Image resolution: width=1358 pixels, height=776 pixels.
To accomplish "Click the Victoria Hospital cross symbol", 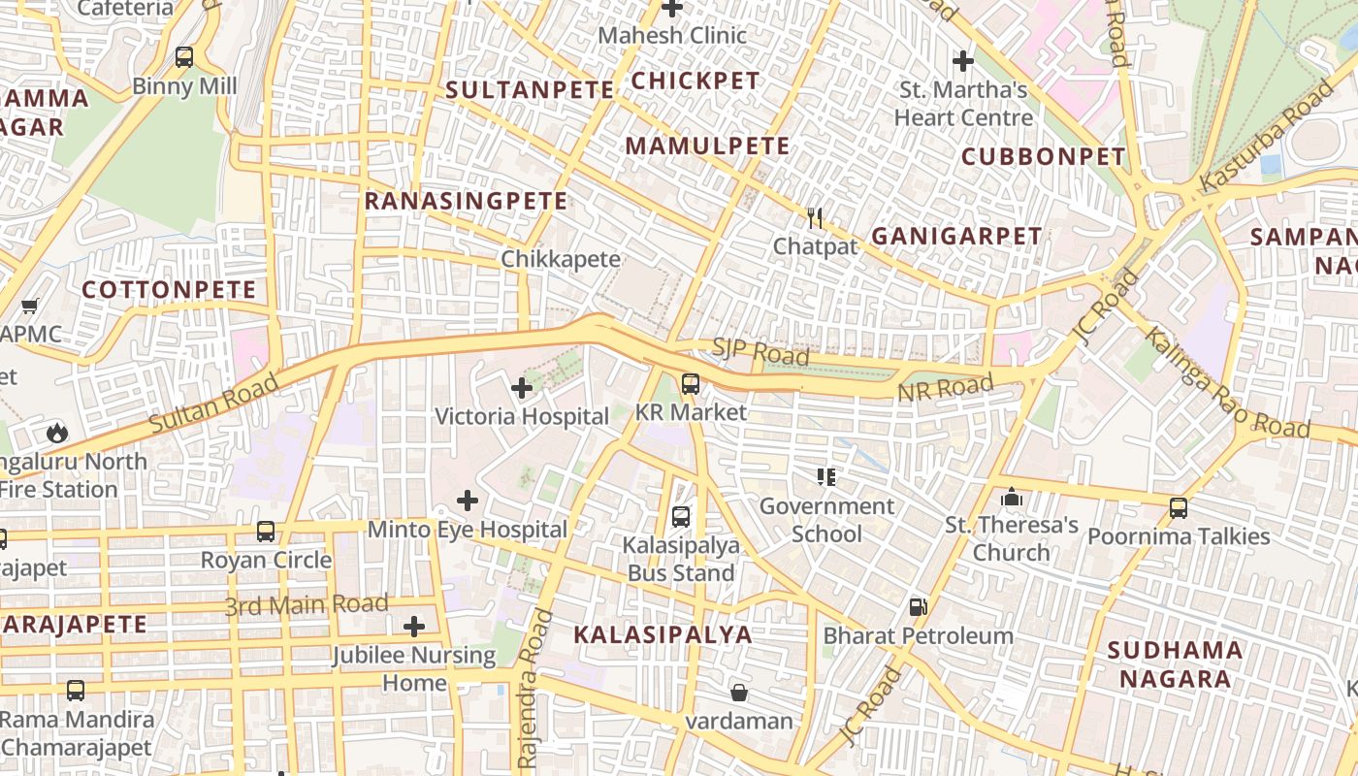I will tap(522, 389).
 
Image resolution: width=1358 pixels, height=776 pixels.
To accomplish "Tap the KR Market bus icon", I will tap(690, 384).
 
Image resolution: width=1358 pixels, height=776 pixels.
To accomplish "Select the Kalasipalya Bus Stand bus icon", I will tap(681, 516).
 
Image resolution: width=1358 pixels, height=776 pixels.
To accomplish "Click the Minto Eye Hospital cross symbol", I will tap(468, 501).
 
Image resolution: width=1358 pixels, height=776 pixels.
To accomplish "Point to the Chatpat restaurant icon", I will tap(815, 218).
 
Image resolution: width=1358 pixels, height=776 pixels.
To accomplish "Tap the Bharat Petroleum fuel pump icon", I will tap(918, 608).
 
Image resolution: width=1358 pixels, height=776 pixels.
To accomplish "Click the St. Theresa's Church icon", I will tap(1012, 497).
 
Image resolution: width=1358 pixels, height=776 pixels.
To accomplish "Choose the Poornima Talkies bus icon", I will tap(1179, 507).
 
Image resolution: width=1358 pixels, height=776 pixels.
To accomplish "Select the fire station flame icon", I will tap(56, 433).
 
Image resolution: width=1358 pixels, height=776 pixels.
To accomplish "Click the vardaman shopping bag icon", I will tap(739, 693).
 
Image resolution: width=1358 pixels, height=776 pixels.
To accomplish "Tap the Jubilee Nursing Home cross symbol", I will tap(414, 627).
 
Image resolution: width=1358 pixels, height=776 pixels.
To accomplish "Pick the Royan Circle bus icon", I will tap(266, 532).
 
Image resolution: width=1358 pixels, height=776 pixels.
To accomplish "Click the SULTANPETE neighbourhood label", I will tap(530, 90).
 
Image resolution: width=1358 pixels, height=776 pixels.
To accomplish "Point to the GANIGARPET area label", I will tap(956, 236).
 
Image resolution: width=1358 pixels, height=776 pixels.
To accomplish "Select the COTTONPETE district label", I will tap(169, 289).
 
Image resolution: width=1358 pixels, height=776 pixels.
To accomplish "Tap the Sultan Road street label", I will tap(213, 404).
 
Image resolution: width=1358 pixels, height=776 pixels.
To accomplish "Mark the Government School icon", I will tap(826, 476).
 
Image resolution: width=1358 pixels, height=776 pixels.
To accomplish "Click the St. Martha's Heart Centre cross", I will tap(962, 61).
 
